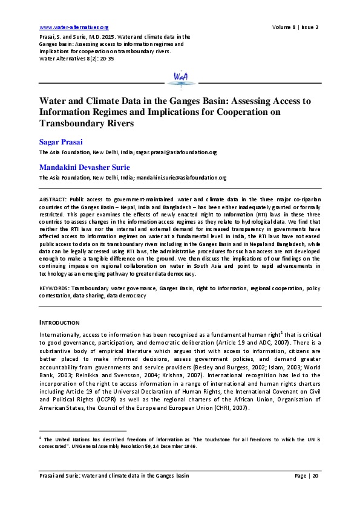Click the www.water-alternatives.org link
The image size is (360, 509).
(73, 27)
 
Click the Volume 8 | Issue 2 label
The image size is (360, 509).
(295, 27)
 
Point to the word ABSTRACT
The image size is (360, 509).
(53, 199)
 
